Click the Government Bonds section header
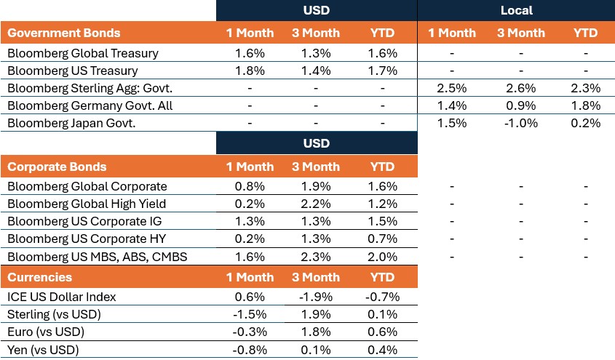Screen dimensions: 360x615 point(64,33)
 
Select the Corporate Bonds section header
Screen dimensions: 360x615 point(57,167)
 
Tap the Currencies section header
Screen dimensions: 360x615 point(39,277)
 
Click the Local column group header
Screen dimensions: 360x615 point(516,10)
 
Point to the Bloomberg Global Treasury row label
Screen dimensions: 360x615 point(82,53)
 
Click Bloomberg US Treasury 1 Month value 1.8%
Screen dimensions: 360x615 point(250,71)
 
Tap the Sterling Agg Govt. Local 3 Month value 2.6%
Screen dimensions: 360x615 point(520,88)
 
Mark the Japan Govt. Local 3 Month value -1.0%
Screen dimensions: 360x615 point(520,123)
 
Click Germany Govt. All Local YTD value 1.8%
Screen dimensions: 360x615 point(585,105)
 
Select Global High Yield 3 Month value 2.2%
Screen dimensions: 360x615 point(316,204)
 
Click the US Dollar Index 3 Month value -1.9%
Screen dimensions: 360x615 point(316,297)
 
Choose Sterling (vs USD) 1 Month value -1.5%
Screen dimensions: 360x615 point(250,314)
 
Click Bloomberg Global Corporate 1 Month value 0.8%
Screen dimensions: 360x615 point(250,187)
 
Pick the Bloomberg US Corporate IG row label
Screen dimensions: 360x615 point(79,222)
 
